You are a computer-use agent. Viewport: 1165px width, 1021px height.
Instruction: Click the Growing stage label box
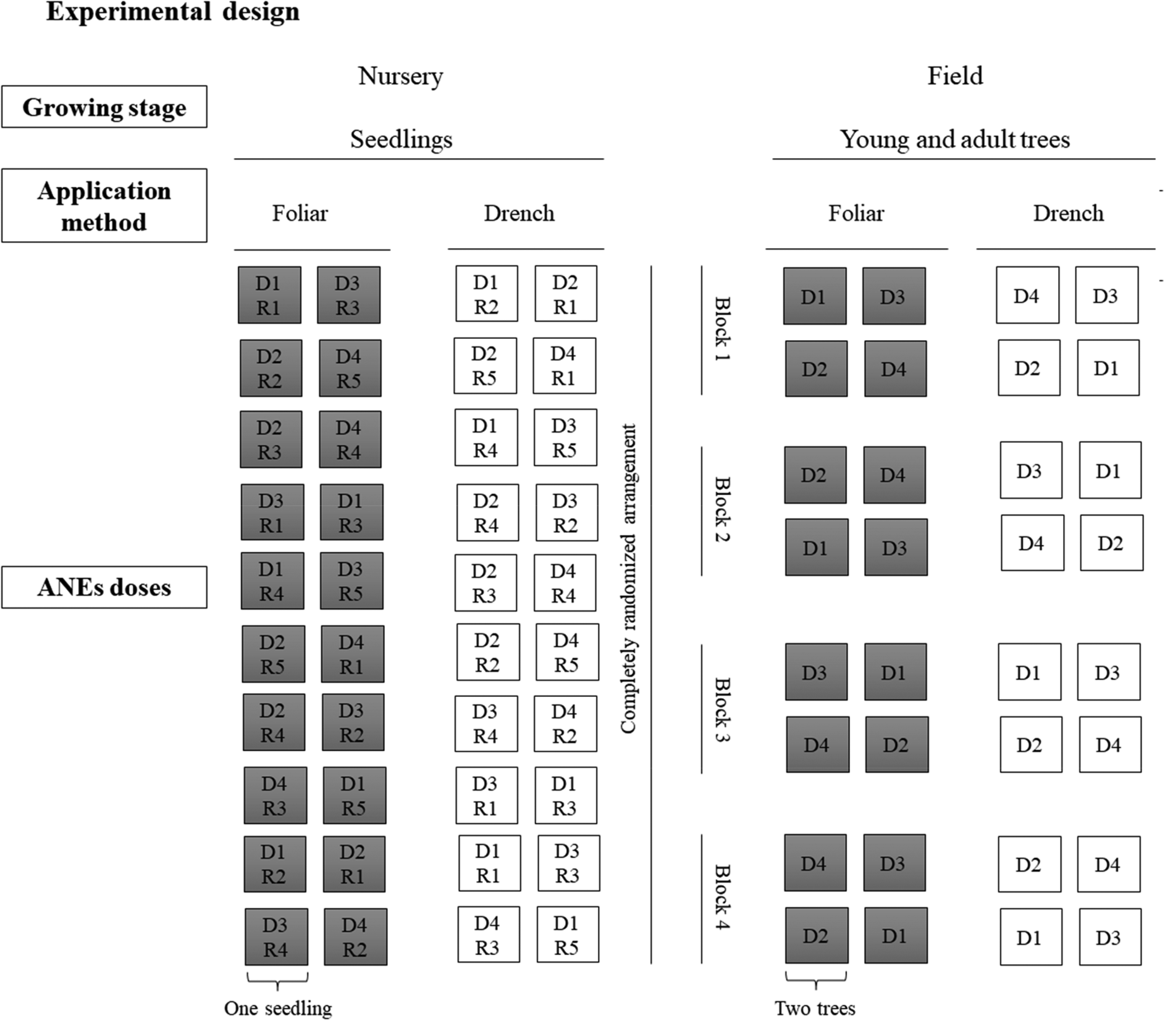[104, 107]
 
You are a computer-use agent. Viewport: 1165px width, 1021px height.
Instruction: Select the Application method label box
[104, 206]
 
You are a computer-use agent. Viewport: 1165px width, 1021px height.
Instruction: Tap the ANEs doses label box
[104, 587]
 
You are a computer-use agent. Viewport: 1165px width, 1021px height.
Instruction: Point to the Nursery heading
[400, 76]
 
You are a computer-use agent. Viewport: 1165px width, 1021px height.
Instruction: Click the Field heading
[954, 76]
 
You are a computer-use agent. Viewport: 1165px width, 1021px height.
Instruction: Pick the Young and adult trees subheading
[954, 140]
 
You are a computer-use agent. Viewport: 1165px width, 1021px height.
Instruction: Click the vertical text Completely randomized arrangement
[628, 578]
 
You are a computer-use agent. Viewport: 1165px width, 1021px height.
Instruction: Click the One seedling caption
[278, 1008]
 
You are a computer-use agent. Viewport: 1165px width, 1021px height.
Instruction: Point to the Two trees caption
[815, 1008]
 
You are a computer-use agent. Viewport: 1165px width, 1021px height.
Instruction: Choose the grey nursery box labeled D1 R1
[269, 295]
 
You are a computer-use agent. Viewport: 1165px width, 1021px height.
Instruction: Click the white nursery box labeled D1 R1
[489, 863]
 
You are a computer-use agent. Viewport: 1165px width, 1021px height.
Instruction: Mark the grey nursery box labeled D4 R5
[350, 369]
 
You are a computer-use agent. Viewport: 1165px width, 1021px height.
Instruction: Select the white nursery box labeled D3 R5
[565, 438]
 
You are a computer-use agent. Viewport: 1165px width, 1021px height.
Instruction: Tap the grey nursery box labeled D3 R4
[276, 936]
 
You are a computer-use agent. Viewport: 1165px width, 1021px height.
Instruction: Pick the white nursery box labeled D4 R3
[488, 935]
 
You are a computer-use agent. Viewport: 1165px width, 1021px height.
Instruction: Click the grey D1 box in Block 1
[815, 296]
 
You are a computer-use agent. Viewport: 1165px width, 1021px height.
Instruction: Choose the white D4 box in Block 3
[1109, 744]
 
